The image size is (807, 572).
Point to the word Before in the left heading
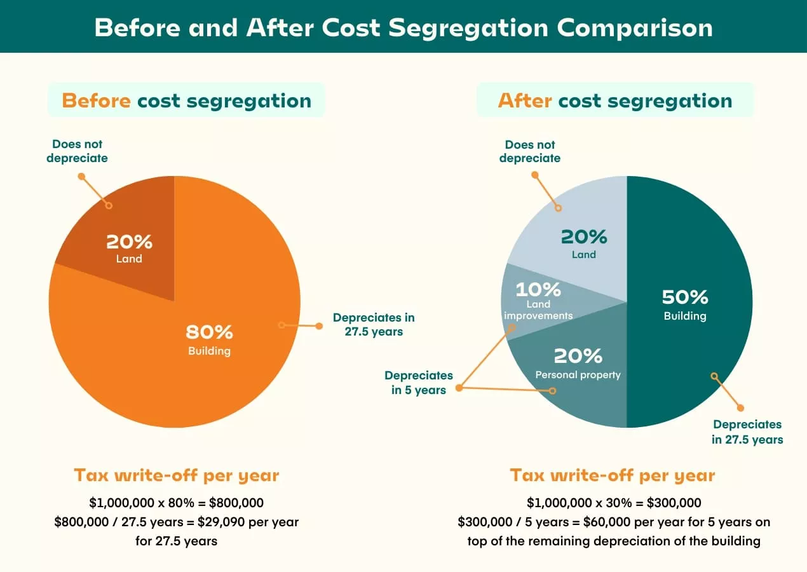point(96,101)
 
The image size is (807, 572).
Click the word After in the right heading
point(525,101)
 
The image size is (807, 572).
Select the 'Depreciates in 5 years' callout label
point(419,383)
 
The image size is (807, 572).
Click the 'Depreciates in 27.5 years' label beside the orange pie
point(374,324)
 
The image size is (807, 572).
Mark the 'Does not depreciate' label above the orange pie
point(77,151)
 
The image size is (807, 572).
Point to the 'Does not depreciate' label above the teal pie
point(530,151)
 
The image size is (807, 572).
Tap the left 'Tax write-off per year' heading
point(176,475)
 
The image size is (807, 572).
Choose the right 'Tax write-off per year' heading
point(613,475)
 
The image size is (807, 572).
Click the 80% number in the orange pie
point(209,332)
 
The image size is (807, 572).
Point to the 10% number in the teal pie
point(538,290)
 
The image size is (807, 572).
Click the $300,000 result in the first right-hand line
point(674,503)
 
